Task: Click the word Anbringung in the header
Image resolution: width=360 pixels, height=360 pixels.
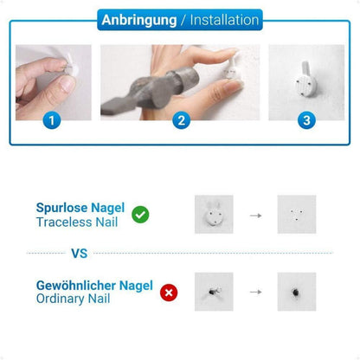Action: [139, 21]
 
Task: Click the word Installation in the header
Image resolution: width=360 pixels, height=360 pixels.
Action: [224, 20]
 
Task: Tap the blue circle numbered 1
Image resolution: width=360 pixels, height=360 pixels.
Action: [52, 120]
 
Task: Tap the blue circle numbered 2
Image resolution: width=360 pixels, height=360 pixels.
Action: [181, 120]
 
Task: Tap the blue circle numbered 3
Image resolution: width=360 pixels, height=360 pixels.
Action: [306, 120]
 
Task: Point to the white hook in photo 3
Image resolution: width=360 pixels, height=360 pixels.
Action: [306, 80]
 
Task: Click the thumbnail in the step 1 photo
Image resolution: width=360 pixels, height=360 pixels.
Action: [67, 84]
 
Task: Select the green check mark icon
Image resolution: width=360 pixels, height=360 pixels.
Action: [140, 215]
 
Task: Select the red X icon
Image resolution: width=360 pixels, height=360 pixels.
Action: [169, 292]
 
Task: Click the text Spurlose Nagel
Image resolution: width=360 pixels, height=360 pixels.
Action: [80, 208]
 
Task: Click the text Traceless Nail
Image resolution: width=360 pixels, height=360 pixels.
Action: [77, 222]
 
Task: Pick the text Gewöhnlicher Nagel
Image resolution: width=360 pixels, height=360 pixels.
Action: [94, 286]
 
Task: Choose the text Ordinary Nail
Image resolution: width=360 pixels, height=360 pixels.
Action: [73, 299]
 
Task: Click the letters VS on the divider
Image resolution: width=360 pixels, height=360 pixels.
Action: [80, 254]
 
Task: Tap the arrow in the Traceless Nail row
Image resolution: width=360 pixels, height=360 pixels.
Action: [255, 215]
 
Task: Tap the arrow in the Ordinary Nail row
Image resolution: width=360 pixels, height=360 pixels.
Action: [255, 292]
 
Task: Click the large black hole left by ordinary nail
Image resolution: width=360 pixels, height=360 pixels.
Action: [295, 292]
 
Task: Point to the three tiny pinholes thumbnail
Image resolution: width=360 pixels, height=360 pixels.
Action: [297, 215]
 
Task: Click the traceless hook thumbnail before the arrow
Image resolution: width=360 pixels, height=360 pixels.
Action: [214, 215]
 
